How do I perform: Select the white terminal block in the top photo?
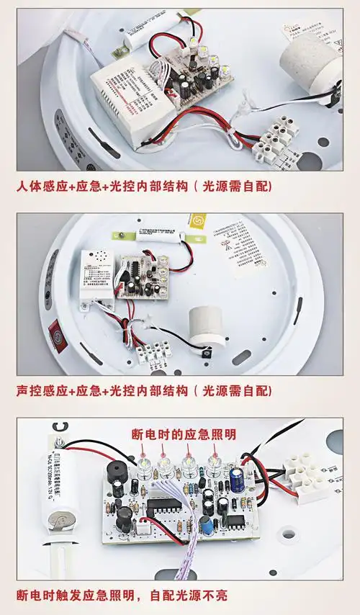point(276,139)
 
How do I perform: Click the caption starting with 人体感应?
point(144,187)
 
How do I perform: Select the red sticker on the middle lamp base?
point(55,335)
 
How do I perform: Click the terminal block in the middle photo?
point(153,353)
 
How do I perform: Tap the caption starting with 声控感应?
point(144,391)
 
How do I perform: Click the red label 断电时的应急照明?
point(184,434)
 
